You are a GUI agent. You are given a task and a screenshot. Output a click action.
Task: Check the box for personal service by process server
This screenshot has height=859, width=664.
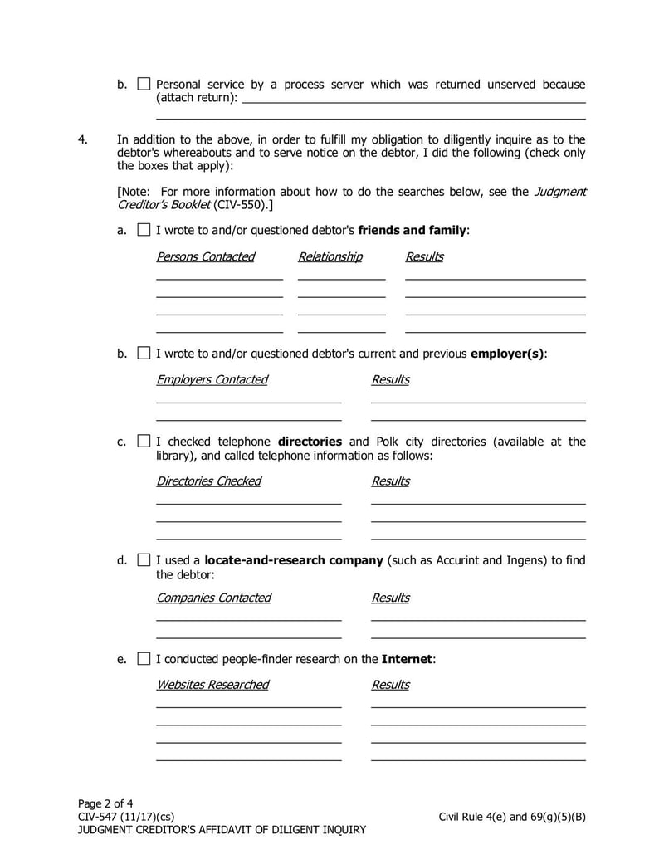(144, 85)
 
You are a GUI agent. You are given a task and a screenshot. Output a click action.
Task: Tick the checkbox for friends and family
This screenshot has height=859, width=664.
(144, 230)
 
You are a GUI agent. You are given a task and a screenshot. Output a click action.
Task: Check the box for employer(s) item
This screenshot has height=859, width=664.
(144, 354)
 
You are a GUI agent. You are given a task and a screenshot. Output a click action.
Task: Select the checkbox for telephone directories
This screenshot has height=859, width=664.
(144, 442)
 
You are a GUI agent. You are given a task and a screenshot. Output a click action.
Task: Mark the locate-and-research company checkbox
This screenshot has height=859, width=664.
(144, 560)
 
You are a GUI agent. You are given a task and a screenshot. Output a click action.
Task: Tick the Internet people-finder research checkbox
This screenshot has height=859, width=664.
(144, 659)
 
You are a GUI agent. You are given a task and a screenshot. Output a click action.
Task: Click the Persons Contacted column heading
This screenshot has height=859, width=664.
(205, 256)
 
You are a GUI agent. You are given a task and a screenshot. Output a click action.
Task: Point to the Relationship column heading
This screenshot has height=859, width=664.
(330, 256)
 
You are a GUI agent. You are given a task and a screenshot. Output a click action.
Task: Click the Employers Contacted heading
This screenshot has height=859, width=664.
(212, 379)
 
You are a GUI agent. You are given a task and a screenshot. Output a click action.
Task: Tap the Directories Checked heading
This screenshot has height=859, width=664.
(208, 481)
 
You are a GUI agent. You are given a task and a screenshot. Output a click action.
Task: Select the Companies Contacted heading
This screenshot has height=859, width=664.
(213, 598)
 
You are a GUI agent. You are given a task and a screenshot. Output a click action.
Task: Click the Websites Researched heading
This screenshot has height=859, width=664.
(212, 685)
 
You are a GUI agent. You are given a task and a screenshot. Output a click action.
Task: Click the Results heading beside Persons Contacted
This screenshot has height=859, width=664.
(424, 256)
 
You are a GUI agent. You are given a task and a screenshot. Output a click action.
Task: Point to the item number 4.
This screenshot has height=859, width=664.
(83, 139)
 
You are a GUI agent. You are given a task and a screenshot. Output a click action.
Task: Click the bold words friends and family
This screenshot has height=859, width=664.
(413, 230)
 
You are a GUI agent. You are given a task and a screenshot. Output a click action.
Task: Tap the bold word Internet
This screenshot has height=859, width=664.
(407, 659)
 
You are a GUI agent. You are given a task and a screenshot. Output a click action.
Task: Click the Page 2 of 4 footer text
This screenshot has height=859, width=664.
(105, 803)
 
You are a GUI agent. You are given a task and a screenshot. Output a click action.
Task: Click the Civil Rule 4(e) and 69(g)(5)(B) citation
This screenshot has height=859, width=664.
(512, 816)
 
